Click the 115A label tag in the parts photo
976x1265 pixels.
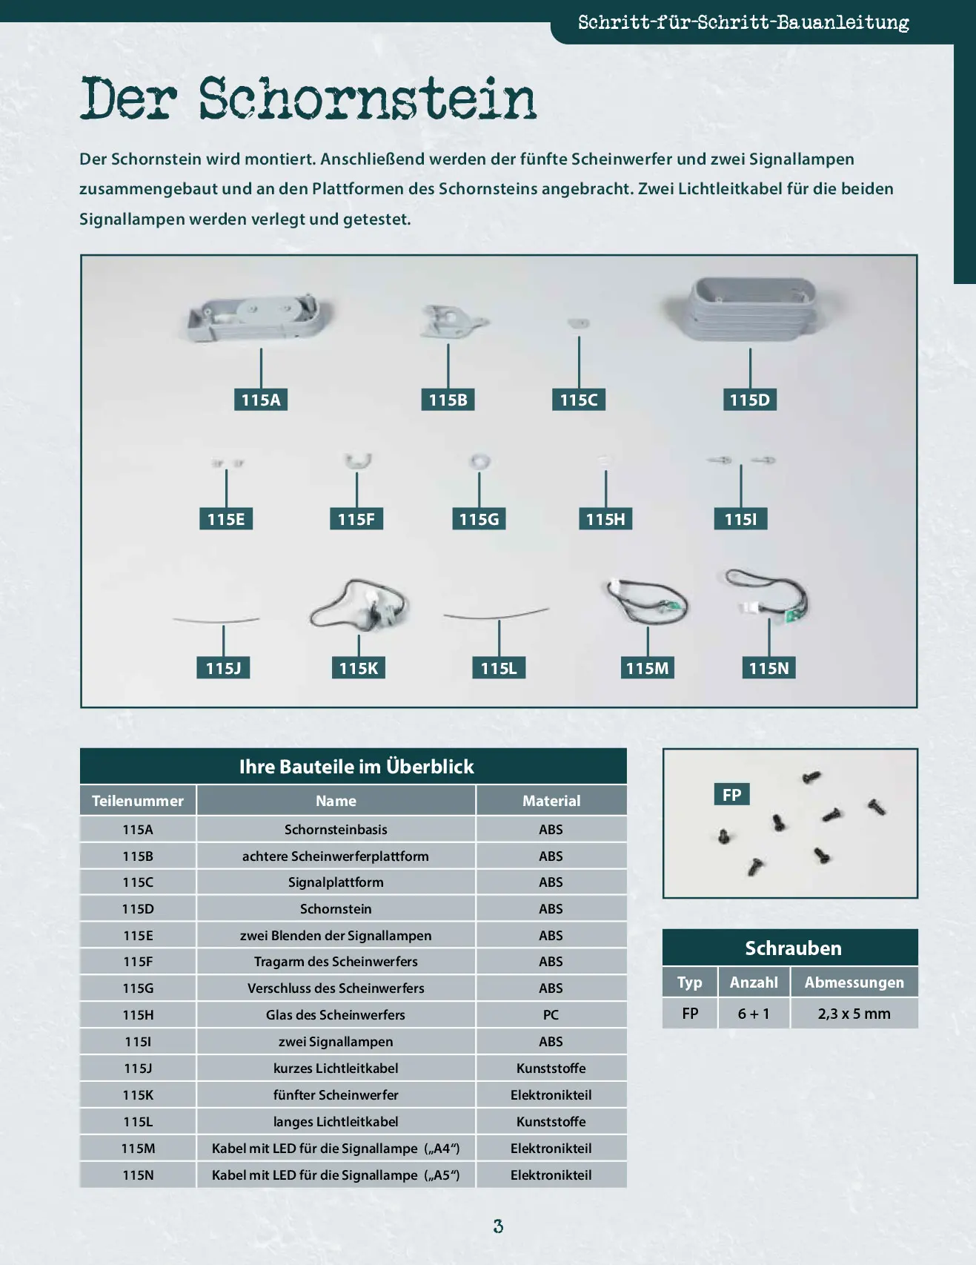point(261,400)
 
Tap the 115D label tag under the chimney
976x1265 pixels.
point(749,400)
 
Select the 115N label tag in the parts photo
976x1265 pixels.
point(768,668)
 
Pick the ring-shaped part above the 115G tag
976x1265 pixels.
point(479,461)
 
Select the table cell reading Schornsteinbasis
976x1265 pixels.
point(336,829)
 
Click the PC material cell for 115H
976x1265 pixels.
point(551,1014)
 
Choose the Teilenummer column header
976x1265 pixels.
point(138,801)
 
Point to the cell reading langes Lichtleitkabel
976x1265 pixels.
point(336,1121)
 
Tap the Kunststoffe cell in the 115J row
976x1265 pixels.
point(551,1068)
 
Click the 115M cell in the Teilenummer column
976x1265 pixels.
point(138,1148)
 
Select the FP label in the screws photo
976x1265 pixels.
point(732,794)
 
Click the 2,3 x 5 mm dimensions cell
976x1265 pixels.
point(854,1014)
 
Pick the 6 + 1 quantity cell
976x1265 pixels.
point(754,1014)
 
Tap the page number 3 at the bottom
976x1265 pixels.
point(498,1226)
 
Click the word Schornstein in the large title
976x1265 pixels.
point(367,99)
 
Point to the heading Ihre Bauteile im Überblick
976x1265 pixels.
point(356,767)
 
